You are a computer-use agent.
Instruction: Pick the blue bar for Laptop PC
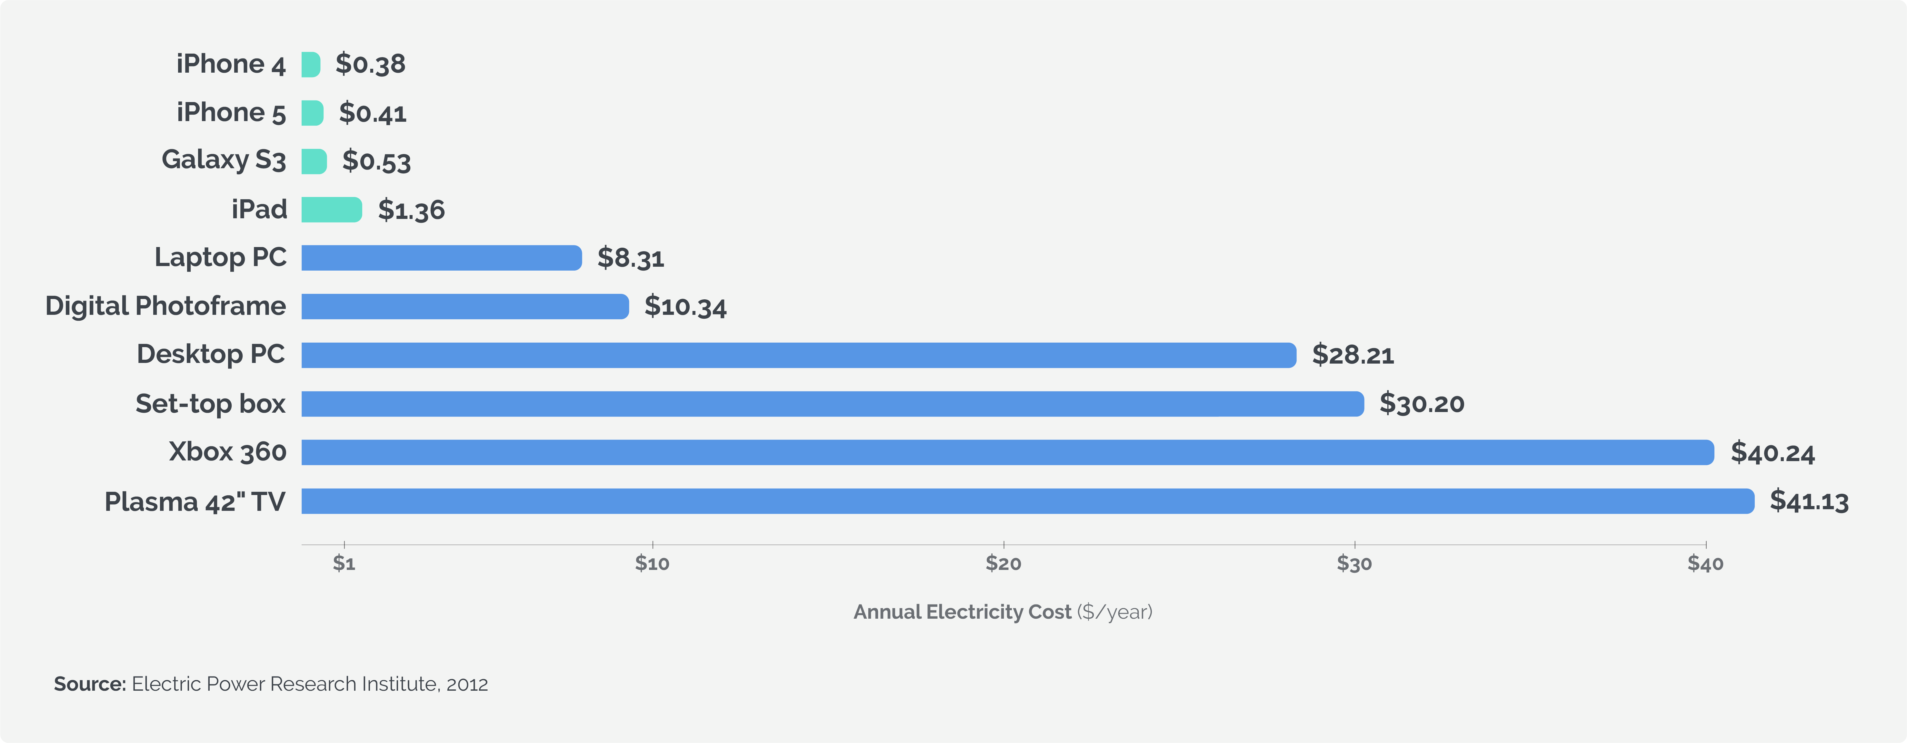click(x=441, y=258)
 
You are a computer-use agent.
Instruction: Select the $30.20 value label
click(x=1421, y=404)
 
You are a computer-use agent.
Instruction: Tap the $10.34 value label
click(x=685, y=307)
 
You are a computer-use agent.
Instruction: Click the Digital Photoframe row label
click(x=165, y=306)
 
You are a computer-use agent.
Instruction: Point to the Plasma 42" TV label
click(x=195, y=501)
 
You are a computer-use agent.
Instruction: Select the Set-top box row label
click(x=210, y=404)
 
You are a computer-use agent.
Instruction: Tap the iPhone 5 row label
click(x=231, y=113)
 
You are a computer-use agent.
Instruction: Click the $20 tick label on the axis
click(x=1003, y=564)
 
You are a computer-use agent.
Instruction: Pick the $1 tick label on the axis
click(x=344, y=564)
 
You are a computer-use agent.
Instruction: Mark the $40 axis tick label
click(x=1705, y=564)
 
